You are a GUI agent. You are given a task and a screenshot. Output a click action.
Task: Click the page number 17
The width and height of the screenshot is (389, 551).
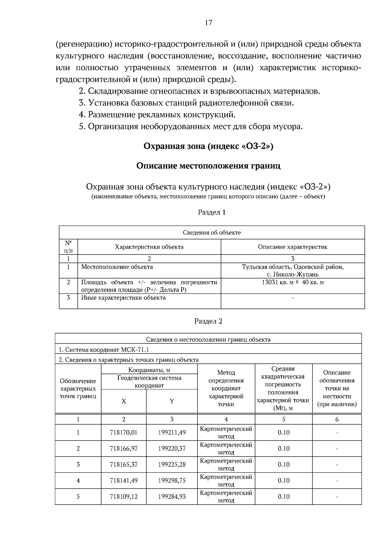click(208, 22)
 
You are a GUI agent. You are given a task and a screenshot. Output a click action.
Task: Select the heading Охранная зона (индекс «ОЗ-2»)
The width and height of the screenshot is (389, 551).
click(208, 146)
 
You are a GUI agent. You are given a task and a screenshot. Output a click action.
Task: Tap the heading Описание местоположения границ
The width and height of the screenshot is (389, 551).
click(208, 166)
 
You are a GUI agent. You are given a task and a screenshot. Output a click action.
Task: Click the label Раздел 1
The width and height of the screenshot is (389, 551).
click(212, 212)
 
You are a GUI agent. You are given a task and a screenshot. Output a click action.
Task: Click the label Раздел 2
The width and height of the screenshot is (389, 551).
click(208, 321)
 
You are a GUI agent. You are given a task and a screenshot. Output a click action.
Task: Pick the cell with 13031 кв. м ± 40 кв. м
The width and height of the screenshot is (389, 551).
click(292, 282)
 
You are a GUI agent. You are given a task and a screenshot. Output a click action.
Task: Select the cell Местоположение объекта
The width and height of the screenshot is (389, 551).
click(117, 267)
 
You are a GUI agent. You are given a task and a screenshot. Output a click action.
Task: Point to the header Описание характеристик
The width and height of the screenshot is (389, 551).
click(292, 247)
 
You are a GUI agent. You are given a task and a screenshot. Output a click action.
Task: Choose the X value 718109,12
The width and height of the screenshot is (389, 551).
click(124, 496)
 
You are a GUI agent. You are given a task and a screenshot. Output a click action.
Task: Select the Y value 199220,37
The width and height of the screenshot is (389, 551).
click(172, 448)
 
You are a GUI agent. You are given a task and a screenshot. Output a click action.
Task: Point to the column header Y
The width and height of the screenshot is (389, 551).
click(172, 401)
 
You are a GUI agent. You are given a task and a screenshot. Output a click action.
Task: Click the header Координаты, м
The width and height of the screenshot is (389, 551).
click(149, 370)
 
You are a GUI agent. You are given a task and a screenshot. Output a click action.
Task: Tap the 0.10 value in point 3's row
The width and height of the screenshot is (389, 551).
click(283, 464)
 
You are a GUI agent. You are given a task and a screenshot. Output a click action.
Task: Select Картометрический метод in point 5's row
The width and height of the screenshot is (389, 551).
click(226, 496)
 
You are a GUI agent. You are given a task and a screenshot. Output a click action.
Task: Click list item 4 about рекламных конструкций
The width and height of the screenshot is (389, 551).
click(157, 115)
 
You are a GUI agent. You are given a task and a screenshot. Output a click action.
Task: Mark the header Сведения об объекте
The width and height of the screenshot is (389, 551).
click(212, 232)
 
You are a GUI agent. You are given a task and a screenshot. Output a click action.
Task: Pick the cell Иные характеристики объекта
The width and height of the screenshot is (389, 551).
click(123, 297)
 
